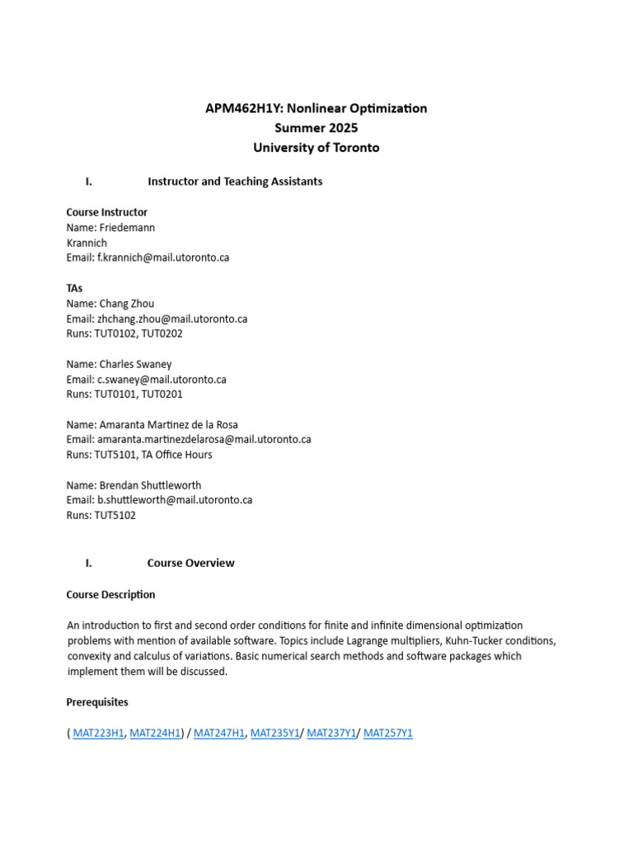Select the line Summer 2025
coord(316,128)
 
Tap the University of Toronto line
coord(316,148)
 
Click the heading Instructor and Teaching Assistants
coord(235,182)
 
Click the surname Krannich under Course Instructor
coord(87,243)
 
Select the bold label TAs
coord(74,289)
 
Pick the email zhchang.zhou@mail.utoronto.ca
coord(172,319)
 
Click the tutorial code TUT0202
coord(162,333)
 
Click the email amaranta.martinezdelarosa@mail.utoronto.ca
coord(204,440)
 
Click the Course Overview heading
coord(190,563)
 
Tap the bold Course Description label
coord(110,594)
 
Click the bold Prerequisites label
coord(97,702)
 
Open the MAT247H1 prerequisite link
coord(219,733)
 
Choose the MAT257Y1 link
coord(387,733)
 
